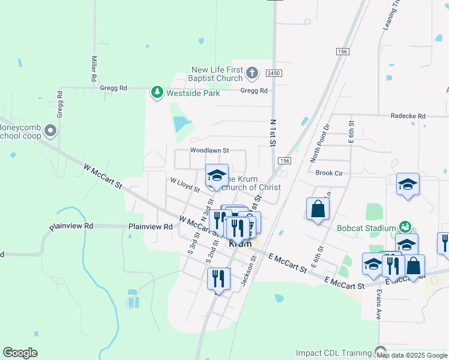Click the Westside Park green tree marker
point(157,92)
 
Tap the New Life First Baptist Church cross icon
point(252,73)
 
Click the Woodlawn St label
point(209,150)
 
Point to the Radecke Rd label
point(408,116)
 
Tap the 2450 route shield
point(274,73)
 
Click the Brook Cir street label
point(328,173)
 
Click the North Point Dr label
point(319,143)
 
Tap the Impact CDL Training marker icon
point(380,351)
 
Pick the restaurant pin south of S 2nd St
point(218,278)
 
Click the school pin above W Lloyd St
point(217,175)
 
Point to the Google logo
point(20,353)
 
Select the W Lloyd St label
point(185,185)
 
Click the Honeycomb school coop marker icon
point(50,130)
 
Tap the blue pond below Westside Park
point(181,124)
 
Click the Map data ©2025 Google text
point(412,355)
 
